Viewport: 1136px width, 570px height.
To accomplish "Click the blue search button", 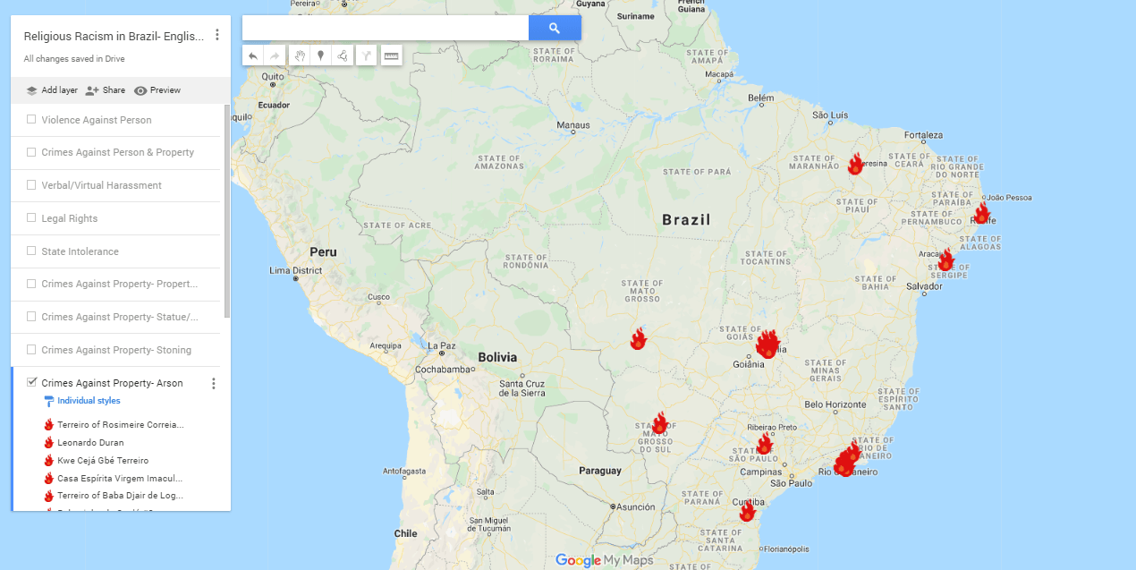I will [x=555, y=29].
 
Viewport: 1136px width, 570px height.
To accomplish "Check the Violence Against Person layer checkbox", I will [x=31, y=119].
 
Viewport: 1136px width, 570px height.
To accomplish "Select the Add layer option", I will [x=52, y=90].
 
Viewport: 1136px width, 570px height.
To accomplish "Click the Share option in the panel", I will [x=106, y=90].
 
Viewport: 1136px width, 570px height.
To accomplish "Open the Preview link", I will [x=157, y=90].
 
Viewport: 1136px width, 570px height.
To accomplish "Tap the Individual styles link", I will [x=89, y=401].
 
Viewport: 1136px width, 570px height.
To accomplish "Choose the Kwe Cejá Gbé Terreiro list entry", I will [x=102, y=461].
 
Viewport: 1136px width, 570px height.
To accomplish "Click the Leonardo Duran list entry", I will [x=90, y=443].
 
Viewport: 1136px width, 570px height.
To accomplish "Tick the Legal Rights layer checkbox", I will [x=31, y=217].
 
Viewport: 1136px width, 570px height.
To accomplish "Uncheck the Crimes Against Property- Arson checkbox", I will [x=31, y=382].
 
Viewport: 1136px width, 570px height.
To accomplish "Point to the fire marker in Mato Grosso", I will [x=638, y=339].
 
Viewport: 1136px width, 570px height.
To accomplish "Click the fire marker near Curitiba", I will [x=747, y=512].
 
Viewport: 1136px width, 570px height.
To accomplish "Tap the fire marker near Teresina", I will [x=855, y=165].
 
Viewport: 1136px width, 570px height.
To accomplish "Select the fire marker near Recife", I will [x=981, y=214].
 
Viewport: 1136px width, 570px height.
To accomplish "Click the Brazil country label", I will [x=686, y=219].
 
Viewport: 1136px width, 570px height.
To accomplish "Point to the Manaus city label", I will [x=573, y=125].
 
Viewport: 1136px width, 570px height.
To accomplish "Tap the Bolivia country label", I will [x=497, y=357].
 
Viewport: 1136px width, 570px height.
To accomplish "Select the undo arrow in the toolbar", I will [x=253, y=56].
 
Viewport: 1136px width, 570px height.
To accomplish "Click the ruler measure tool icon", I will [x=391, y=56].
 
